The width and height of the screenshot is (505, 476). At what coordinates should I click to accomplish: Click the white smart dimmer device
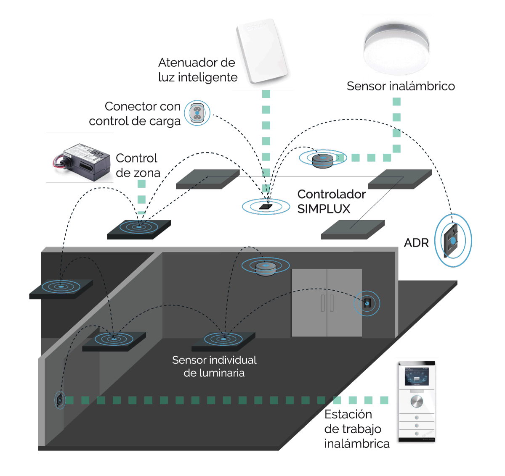(x=262, y=50)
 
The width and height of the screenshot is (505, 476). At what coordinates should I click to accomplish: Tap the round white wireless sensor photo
(x=396, y=47)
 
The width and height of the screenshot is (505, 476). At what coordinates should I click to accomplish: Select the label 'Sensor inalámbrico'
(x=400, y=86)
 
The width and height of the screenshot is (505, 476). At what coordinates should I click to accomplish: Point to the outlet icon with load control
(x=197, y=113)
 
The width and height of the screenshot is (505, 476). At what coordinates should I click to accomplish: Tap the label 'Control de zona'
(x=138, y=166)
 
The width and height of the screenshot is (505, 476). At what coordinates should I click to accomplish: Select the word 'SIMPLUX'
(x=324, y=209)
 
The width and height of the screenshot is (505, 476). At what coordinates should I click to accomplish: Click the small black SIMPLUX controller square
(x=266, y=206)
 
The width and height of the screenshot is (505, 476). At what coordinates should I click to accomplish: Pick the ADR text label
(x=416, y=243)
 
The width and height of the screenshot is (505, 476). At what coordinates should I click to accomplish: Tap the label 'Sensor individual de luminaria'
(x=214, y=366)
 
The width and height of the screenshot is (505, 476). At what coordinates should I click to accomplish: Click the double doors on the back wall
(x=327, y=302)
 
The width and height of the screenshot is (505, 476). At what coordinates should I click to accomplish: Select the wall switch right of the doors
(x=367, y=303)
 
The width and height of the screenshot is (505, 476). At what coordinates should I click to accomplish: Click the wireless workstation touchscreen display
(x=416, y=376)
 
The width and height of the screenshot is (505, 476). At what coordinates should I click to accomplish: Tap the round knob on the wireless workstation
(x=417, y=401)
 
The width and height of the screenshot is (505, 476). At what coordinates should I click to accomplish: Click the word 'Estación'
(x=348, y=414)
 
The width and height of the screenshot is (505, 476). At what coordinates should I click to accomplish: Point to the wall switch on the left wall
(x=60, y=400)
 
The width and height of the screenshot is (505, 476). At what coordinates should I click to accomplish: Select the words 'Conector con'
(x=142, y=106)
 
